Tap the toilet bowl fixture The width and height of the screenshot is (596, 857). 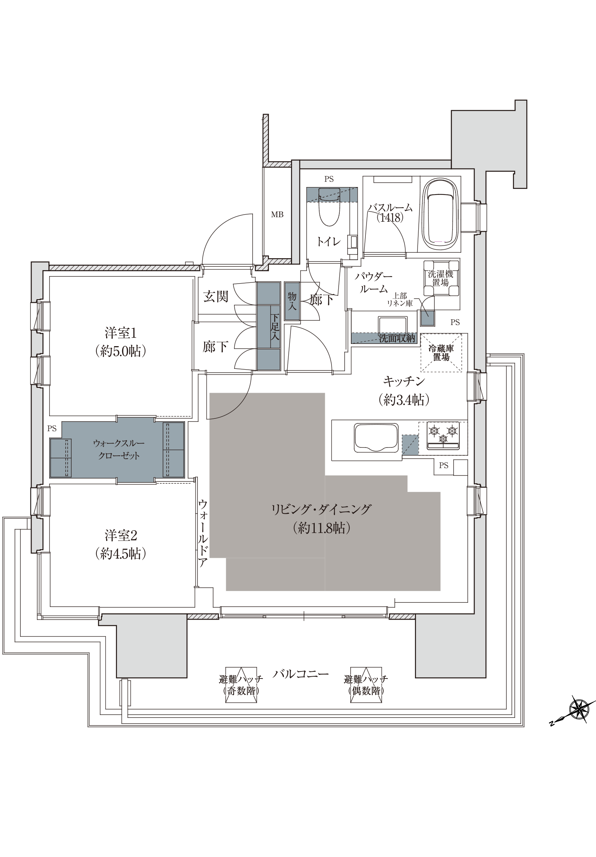tap(329, 208)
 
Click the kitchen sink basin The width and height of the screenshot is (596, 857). tap(375, 438)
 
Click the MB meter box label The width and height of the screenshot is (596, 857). tap(277, 215)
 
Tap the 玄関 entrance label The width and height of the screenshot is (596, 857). tap(216, 297)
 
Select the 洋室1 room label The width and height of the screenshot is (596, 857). tap(121, 333)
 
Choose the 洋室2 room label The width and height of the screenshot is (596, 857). tap(121, 536)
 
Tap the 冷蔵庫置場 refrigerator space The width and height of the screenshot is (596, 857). tap(441, 353)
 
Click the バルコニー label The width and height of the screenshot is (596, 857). tap(301, 674)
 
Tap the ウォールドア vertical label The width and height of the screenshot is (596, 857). tap(202, 533)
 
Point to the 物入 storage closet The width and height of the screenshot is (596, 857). tap(292, 301)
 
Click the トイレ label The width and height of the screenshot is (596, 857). tap(329, 241)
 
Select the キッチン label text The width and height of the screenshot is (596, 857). tap(404, 382)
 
